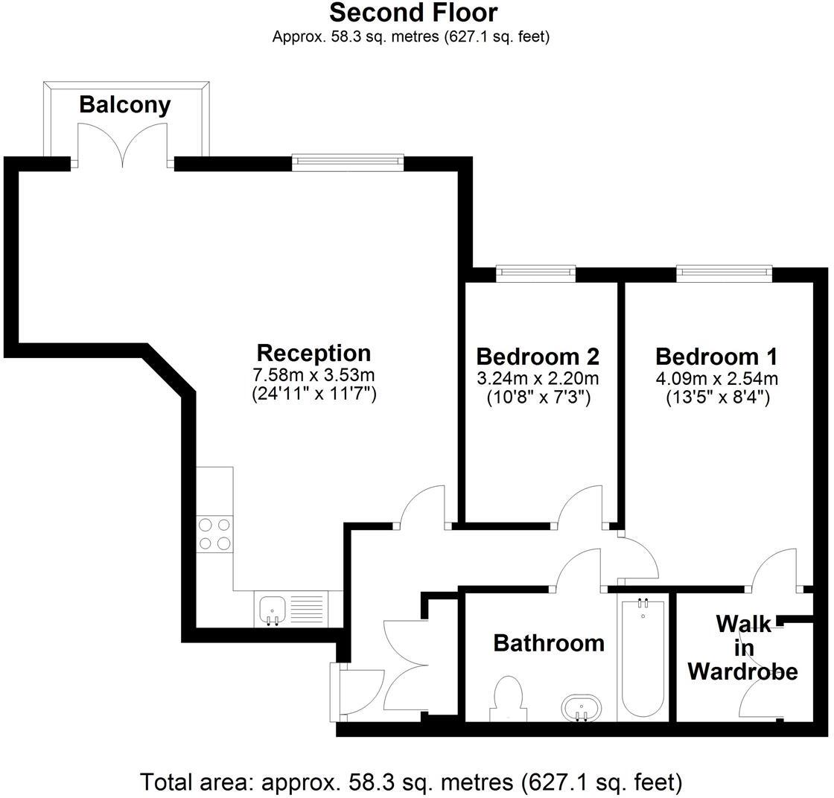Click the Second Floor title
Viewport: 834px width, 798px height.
(413, 13)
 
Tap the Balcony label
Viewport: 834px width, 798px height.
(124, 104)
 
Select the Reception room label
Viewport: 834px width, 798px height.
(313, 353)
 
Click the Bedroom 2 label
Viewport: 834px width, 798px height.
(538, 356)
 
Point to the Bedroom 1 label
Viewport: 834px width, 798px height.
(716, 356)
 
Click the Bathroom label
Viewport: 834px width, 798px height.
(549, 642)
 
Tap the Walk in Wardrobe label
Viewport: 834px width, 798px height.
(742, 648)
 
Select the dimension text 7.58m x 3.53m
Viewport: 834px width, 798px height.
(313, 374)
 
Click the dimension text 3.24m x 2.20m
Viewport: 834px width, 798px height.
(538, 378)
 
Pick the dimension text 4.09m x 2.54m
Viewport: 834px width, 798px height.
(716, 378)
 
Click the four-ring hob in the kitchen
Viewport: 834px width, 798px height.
(214, 534)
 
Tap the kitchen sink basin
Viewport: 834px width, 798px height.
(270, 609)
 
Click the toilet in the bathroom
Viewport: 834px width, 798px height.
(508, 698)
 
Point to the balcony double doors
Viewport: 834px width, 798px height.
(123, 143)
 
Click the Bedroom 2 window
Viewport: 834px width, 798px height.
(536, 274)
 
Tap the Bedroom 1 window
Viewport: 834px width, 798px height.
(724, 274)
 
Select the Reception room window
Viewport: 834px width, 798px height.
(348, 163)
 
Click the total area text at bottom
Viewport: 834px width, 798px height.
(411, 782)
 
